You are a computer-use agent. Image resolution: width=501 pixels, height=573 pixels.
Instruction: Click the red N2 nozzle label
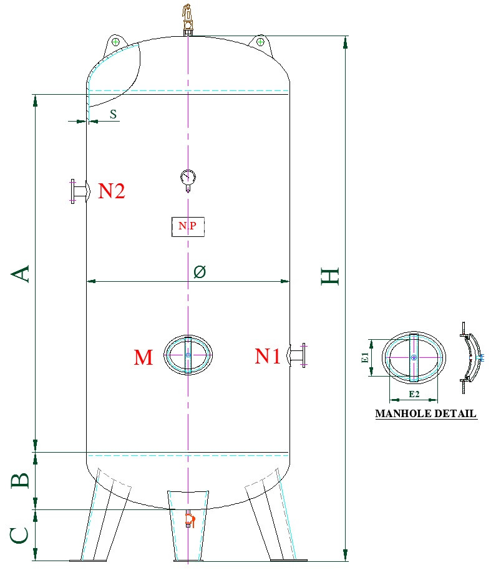point(112,191)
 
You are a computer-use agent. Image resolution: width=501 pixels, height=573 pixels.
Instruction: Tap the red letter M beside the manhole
point(143,357)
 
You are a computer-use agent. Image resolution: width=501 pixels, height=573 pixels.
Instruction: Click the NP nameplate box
point(188,226)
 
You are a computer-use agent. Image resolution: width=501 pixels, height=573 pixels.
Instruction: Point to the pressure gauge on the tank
point(187,178)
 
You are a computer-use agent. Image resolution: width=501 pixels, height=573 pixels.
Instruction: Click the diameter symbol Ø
point(199,272)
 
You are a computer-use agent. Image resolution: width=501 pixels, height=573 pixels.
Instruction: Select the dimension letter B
point(20,480)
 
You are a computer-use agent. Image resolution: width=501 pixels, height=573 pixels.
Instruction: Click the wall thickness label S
point(113,114)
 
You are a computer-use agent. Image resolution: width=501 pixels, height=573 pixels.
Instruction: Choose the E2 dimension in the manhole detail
point(414,394)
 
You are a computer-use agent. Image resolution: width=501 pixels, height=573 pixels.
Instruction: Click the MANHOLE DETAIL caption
point(426,413)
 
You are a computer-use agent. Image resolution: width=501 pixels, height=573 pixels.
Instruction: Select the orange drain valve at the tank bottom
point(190,519)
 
